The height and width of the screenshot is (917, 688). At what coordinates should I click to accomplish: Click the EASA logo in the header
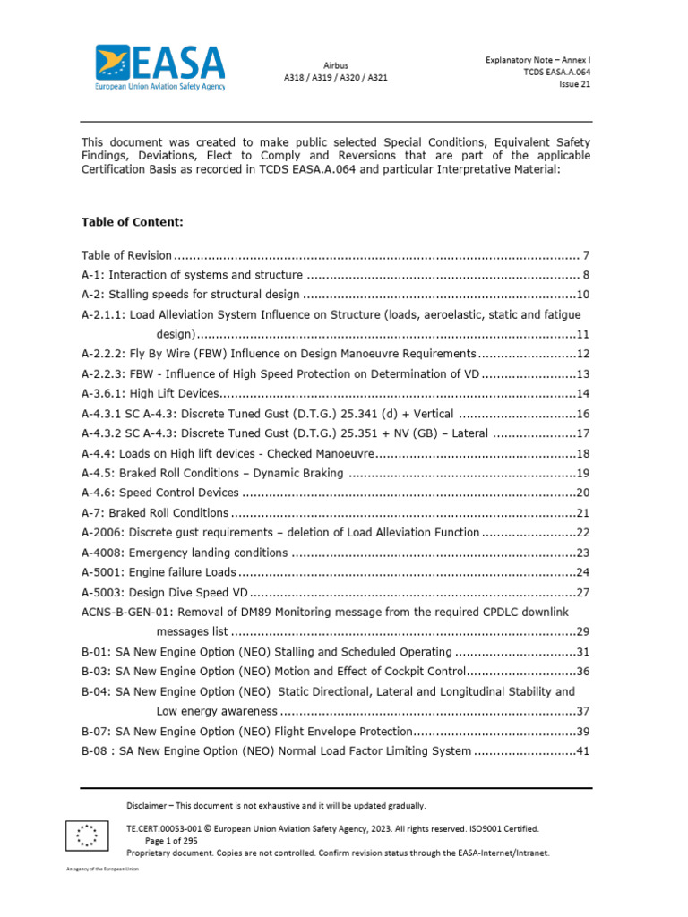pos(161,67)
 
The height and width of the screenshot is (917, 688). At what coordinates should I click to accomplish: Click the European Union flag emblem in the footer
pos(87,836)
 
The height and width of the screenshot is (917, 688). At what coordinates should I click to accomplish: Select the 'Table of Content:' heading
pos(133,221)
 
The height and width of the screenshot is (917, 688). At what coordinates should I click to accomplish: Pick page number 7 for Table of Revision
pos(586,255)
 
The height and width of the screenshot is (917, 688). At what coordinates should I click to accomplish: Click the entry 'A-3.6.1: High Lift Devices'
pos(150,393)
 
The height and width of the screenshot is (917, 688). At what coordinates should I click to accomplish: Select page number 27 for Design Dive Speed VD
pos(582,592)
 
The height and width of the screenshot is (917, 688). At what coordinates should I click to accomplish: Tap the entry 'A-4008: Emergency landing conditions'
pos(185,553)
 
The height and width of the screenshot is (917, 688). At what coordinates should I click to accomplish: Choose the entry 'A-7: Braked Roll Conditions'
pos(155,513)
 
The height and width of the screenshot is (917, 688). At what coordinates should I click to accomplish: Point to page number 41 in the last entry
pos(582,750)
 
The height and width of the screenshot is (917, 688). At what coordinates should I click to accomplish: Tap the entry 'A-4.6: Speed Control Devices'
pos(160,493)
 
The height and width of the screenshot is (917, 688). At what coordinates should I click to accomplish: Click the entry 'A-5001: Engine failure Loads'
pos(159,572)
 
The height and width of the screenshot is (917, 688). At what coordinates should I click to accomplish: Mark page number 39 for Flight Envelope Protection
pos(582,731)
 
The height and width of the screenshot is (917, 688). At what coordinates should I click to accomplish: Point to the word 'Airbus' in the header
pos(336,65)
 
